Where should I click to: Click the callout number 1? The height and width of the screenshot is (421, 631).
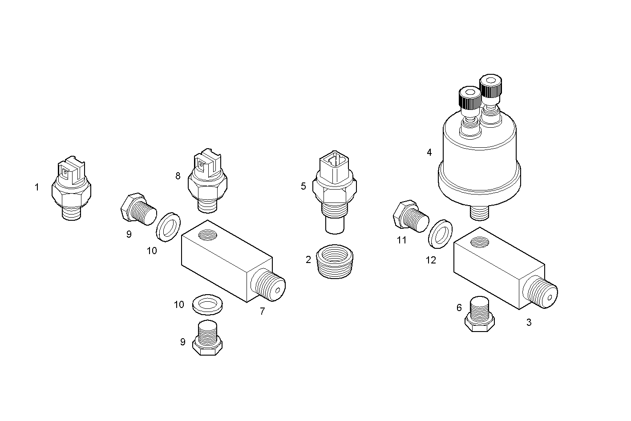coord(37,187)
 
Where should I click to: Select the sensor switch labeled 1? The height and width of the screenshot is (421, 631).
coord(71,189)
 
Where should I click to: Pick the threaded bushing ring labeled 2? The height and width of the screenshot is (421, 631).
coord(335,262)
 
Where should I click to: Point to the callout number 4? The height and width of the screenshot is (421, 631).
coord(429,152)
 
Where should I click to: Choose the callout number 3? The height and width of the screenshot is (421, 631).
coord(529,322)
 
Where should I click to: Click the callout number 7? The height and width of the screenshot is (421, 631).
coord(262,312)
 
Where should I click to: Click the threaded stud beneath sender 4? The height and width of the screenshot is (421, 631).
coord(480,212)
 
